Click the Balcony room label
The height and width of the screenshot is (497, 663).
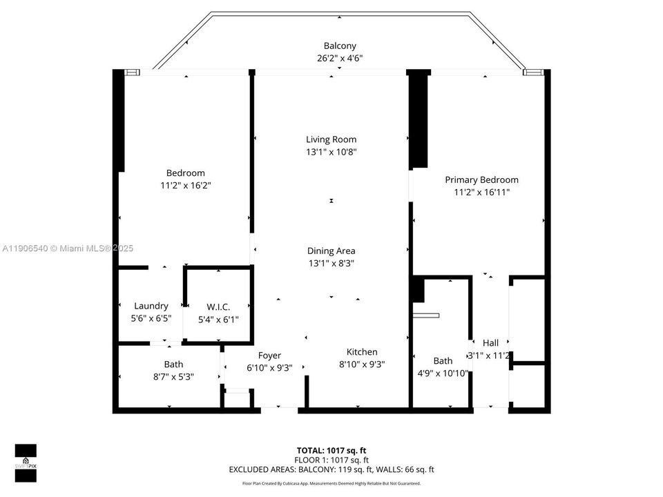point(339,46)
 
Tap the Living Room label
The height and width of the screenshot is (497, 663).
point(331,139)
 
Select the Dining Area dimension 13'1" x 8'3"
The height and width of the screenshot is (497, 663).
point(331,263)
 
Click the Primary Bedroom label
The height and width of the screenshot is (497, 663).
point(481,180)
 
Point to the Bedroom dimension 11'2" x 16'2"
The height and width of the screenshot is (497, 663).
point(185,186)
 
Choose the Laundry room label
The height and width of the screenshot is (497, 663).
point(151,306)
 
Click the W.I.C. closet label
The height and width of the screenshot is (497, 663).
point(218,307)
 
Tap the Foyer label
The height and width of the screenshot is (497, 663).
point(269,356)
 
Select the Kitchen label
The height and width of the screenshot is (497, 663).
point(361,352)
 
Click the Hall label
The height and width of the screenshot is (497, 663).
point(490,343)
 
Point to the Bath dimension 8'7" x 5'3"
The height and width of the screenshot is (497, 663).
point(173,377)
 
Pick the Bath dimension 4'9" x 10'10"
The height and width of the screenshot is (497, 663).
point(443,373)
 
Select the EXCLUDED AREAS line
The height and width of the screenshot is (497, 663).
point(331,470)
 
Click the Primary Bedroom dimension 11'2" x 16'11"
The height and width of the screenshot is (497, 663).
point(481,193)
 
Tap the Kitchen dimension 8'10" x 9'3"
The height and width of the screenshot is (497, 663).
point(361,364)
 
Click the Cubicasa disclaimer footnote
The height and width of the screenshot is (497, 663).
point(331,484)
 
